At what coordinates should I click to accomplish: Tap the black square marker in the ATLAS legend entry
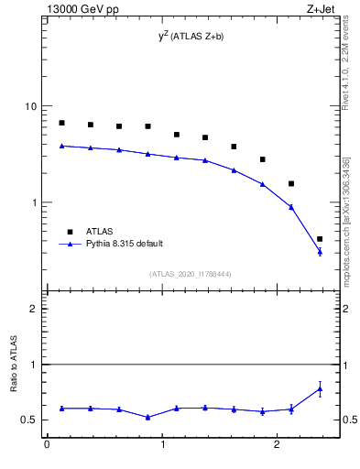(68, 232)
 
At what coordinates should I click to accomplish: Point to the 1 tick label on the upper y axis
(33, 202)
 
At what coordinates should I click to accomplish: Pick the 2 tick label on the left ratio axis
(33, 309)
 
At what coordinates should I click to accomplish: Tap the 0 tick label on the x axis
(47, 446)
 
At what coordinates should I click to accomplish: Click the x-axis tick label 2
(279, 446)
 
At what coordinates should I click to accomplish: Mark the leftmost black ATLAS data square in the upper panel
(61, 123)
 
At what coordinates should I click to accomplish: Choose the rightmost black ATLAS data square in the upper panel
(320, 239)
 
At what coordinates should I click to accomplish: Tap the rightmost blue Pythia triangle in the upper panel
(320, 251)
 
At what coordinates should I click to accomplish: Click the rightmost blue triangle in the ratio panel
(320, 388)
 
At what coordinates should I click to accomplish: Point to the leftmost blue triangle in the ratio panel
(61, 408)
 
